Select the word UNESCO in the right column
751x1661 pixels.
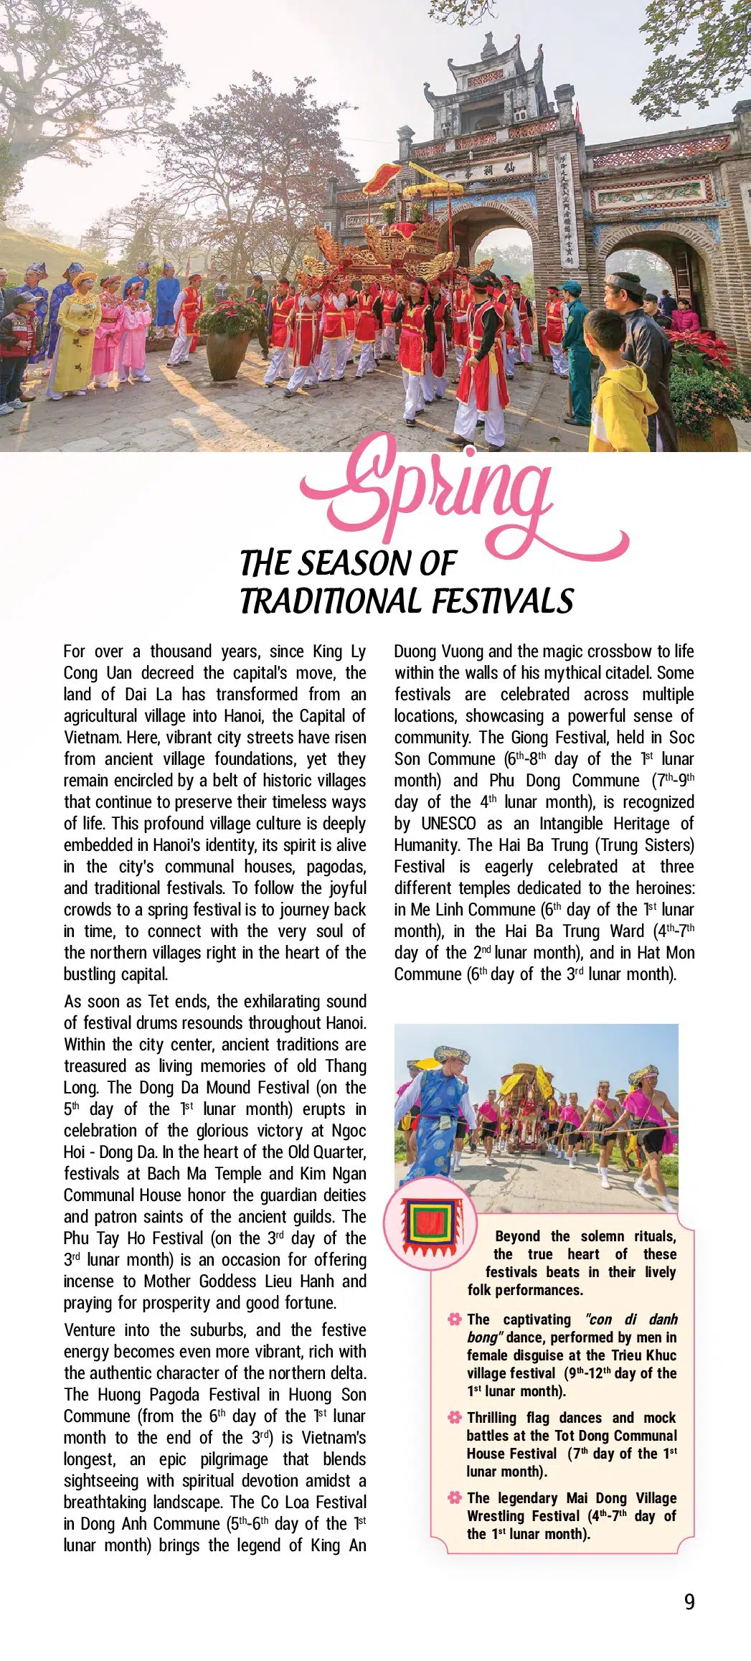coord(448,824)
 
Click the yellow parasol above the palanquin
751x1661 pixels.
coord(435,188)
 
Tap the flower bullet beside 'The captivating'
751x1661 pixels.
coord(454,1319)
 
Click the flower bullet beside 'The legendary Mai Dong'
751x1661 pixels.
coord(454,1498)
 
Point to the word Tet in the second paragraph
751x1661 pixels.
coord(158,1002)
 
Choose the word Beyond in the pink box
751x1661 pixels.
coord(517,1236)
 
